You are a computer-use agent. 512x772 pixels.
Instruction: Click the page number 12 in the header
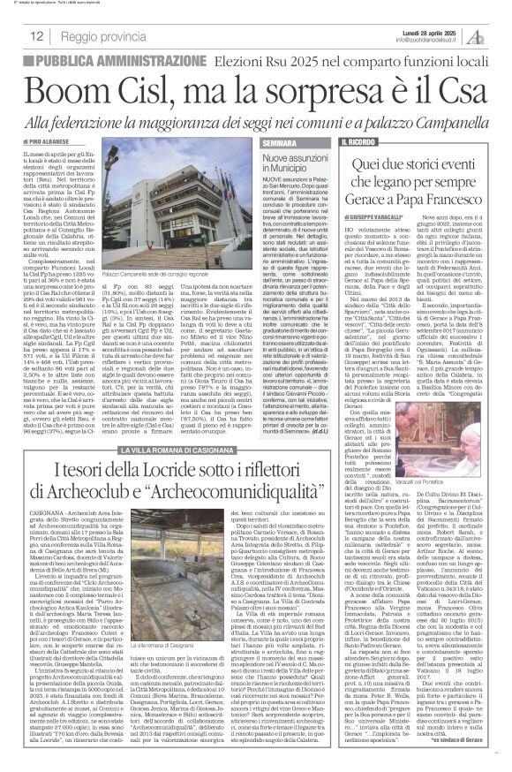tap(39, 35)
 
